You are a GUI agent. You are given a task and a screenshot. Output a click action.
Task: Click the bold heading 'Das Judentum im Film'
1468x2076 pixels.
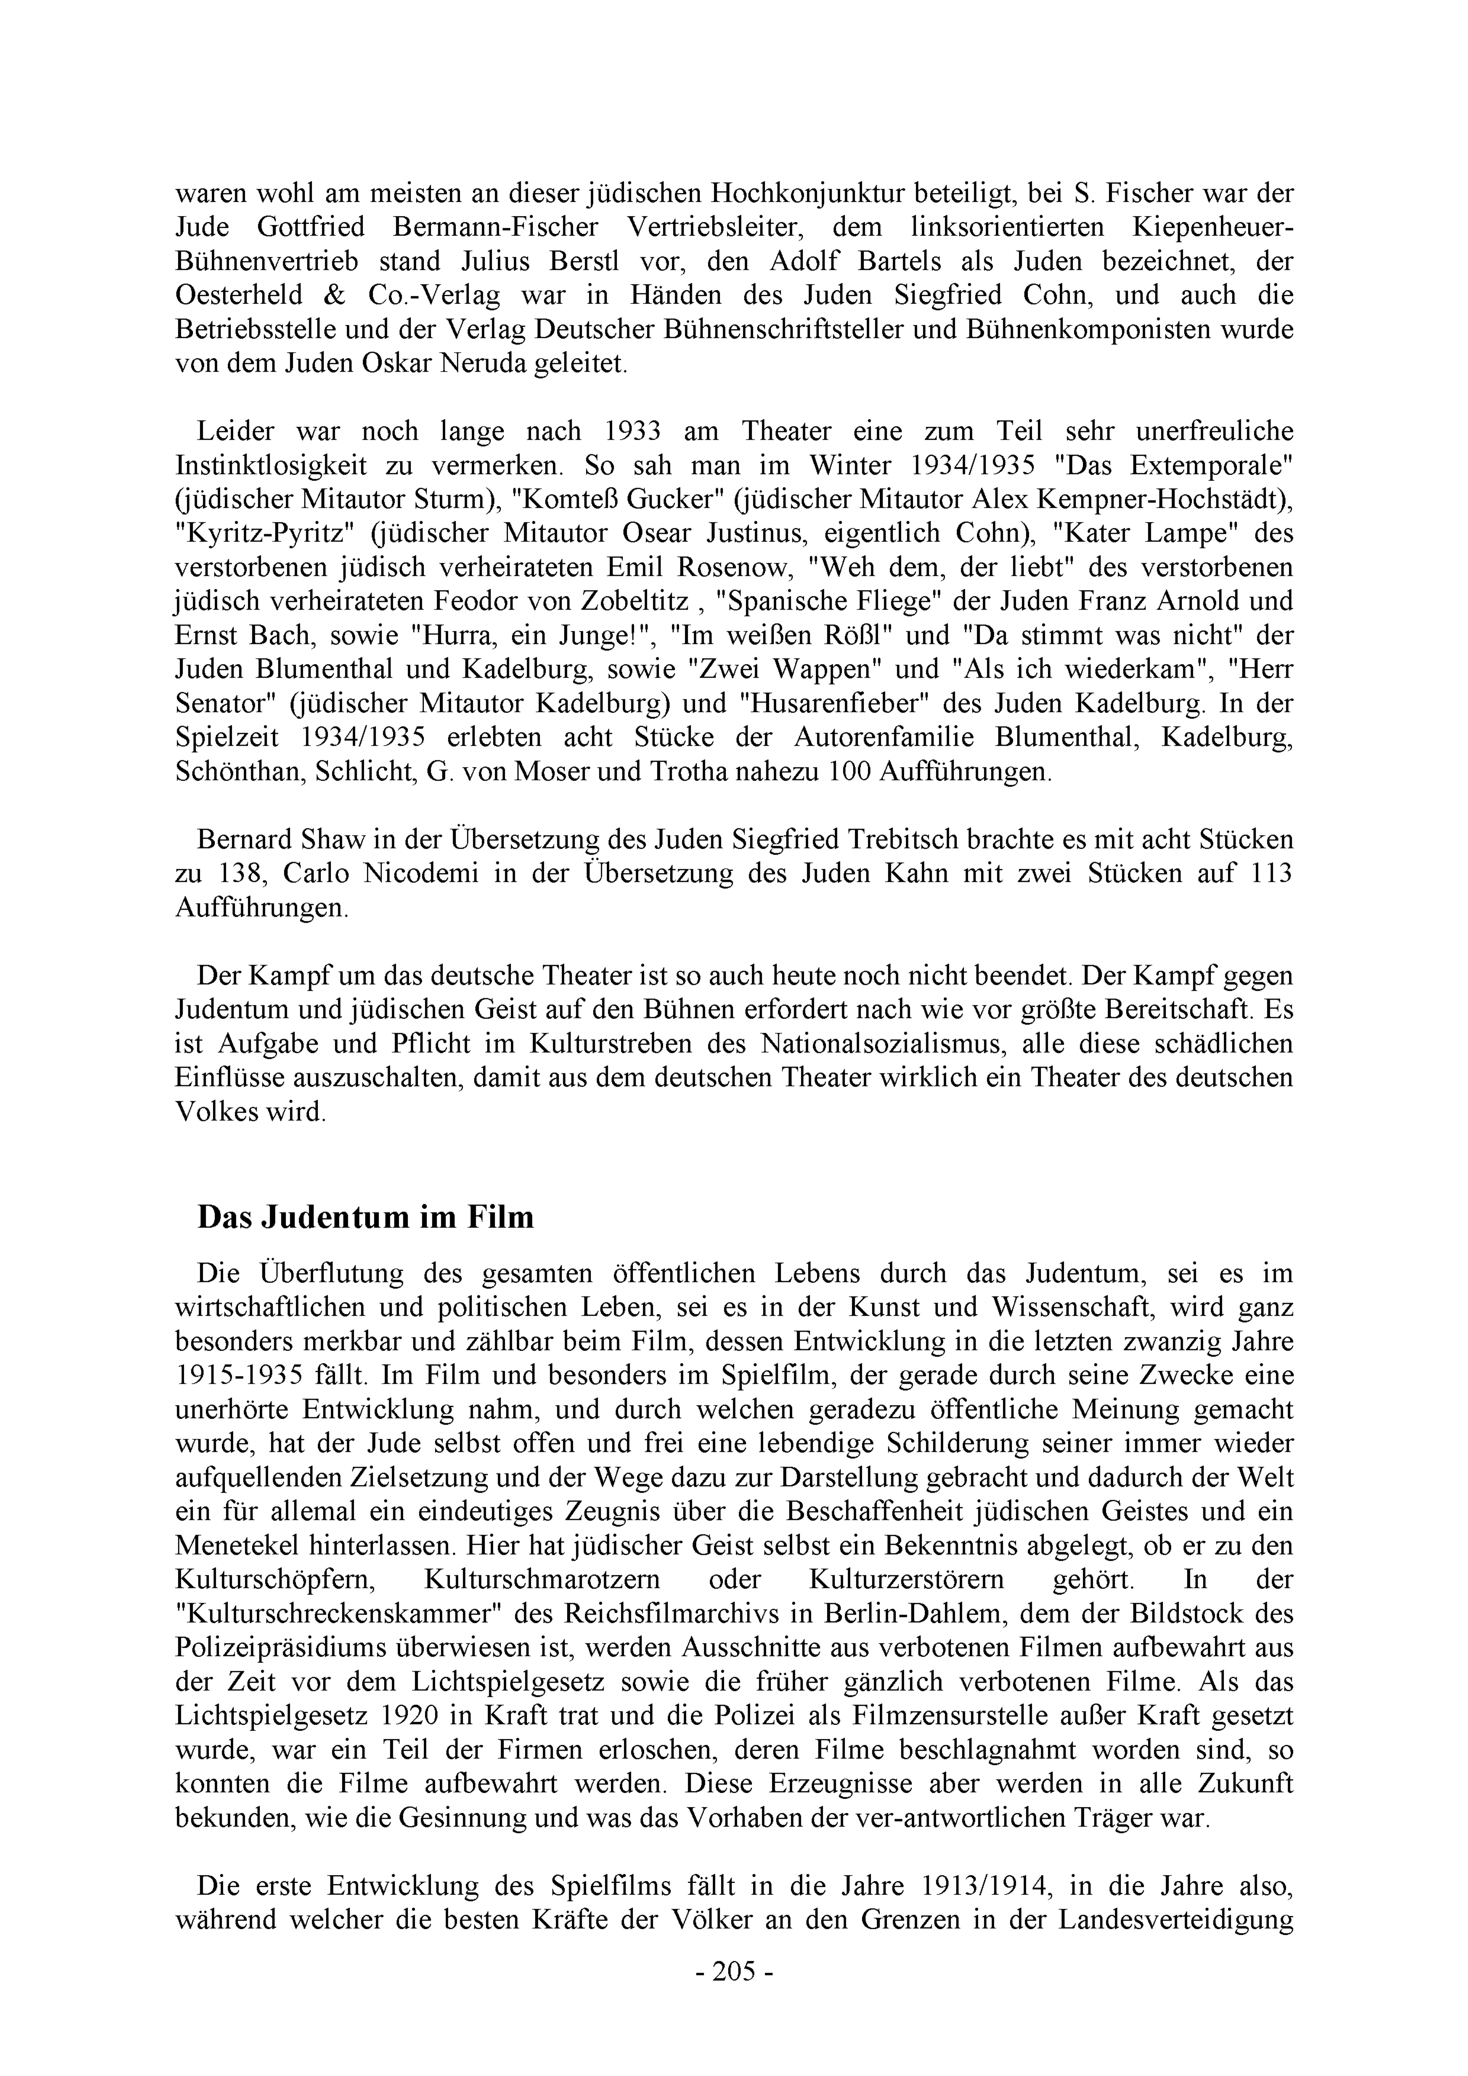pyautogui.click(x=365, y=1217)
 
